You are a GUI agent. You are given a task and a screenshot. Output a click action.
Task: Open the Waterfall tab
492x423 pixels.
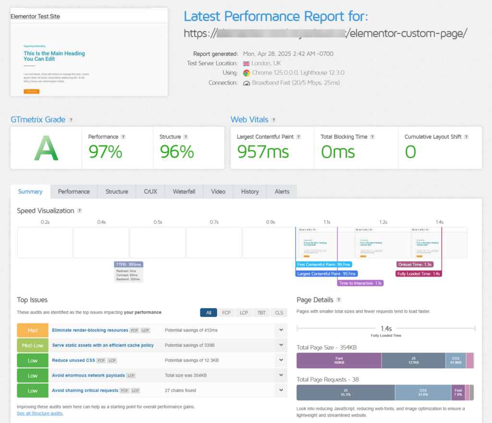pyautogui.click(x=184, y=191)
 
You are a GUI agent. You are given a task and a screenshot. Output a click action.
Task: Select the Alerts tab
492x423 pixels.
pyautogui.click(x=282, y=191)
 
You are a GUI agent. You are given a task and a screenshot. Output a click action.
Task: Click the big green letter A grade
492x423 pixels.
pyautogui.click(x=46, y=148)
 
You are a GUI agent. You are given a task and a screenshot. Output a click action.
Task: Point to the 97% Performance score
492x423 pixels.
pyautogui.click(x=105, y=152)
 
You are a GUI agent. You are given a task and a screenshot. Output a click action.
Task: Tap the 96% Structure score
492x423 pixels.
pyautogui.click(x=176, y=152)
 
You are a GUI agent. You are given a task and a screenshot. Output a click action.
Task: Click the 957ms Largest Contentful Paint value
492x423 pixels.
pyautogui.click(x=263, y=152)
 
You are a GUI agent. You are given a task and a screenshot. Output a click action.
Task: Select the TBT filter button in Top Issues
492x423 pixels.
pyautogui.click(x=261, y=313)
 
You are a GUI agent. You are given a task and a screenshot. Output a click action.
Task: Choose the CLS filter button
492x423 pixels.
pyautogui.click(x=279, y=313)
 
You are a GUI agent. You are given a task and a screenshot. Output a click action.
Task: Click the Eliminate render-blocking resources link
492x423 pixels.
pyautogui.click(x=90, y=330)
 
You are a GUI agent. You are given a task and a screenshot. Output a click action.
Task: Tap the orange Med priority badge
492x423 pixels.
pyautogui.click(x=33, y=330)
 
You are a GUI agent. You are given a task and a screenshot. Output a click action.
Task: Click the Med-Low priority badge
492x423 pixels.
pyautogui.click(x=33, y=345)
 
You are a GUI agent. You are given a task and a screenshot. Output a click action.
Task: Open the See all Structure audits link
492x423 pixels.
pyautogui.click(x=40, y=413)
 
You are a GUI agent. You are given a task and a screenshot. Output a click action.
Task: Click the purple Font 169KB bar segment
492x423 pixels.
pyautogui.click(x=339, y=360)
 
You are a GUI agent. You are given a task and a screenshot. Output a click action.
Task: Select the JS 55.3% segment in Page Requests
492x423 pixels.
pyautogui.click(x=345, y=392)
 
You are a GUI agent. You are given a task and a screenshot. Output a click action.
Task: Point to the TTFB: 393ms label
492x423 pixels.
pyautogui.click(x=129, y=264)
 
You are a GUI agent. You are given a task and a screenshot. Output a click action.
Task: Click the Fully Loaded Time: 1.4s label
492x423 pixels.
pyautogui.click(x=419, y=274)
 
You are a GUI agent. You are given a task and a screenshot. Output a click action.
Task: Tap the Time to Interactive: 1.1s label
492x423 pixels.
pyautogui.click(x=360, y=283)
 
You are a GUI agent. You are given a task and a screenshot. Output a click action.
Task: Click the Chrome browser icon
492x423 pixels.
pyautogui.click(x=246, y=73)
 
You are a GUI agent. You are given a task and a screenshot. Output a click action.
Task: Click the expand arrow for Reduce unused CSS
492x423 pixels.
pyautogui.click(x=280, y=360)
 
